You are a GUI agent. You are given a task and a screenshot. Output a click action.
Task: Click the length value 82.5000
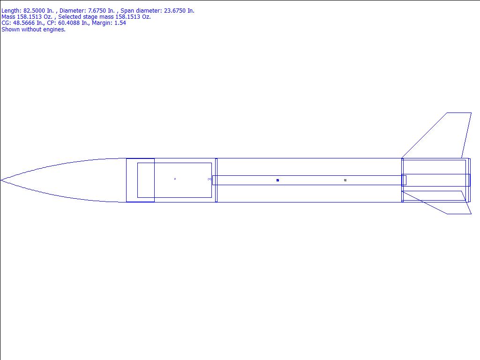point(34,11)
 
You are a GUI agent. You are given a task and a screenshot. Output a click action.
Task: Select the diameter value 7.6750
point(97,11)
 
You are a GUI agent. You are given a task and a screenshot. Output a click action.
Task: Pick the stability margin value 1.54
point(120,23)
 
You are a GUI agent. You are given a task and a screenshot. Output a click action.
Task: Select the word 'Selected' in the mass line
point(69,17)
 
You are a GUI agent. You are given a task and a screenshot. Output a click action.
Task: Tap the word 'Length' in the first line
point(11,11)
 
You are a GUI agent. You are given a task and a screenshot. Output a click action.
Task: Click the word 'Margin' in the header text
point(102,23)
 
